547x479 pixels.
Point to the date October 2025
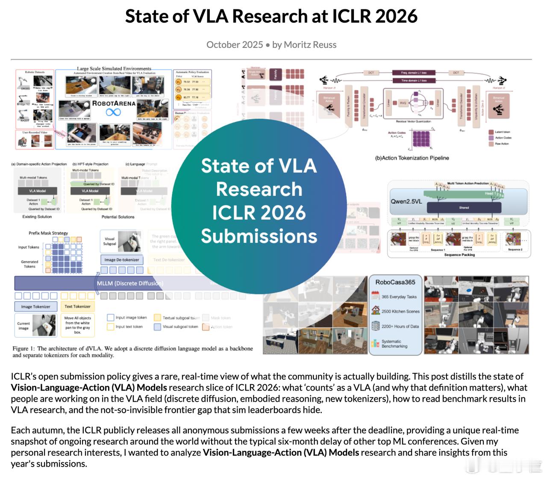click(x=234, y=45)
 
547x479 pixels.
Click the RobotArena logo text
click(x=114, y=103)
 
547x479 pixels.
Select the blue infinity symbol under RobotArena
click(x=113, y=112)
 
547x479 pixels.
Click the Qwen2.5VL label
click(x=406, y=201)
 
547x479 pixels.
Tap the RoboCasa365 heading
click(x=395, y=282)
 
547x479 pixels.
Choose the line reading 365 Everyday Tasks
click(x=399, y=297)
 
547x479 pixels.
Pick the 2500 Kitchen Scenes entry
click(x=400, y=311)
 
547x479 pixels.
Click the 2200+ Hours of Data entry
click(x=400, y=326)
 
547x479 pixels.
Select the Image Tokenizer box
click(x=35, y=306)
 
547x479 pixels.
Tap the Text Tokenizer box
click(x=77, y=306)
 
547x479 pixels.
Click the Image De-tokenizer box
click(x=122, y=259)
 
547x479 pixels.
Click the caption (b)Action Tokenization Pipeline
click(x=412, y=158)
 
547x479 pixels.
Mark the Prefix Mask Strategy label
click(x=48, y=233)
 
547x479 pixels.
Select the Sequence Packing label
click(x=459, y=255)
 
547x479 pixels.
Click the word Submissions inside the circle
click(x=259, y=236)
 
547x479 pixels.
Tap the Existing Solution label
click(x=37, y=217)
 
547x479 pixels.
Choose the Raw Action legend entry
click(x=502, y=144)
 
